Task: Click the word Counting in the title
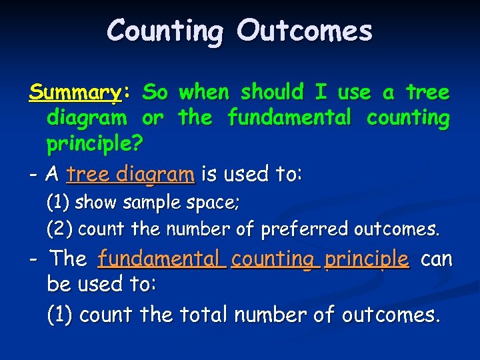tap(164, 31)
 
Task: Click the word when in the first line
tap(205, 91)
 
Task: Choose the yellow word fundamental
tap(289, 118)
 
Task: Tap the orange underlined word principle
tap(366, 259)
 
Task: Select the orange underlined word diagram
tap(155, 175)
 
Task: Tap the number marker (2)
tap(59, 229)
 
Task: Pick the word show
tap(93, 201)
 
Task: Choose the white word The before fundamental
tap(69, 258)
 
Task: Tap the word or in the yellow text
tap(152, 118)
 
